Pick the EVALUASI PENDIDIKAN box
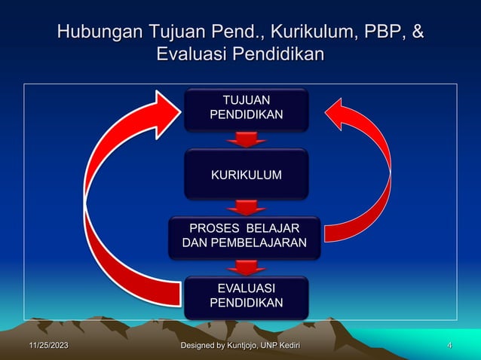(x=246, y=296)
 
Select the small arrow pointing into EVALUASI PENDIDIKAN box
(x=246, y=267)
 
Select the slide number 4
(x=449, y=346)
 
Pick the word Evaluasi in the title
(x=188, y=55)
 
